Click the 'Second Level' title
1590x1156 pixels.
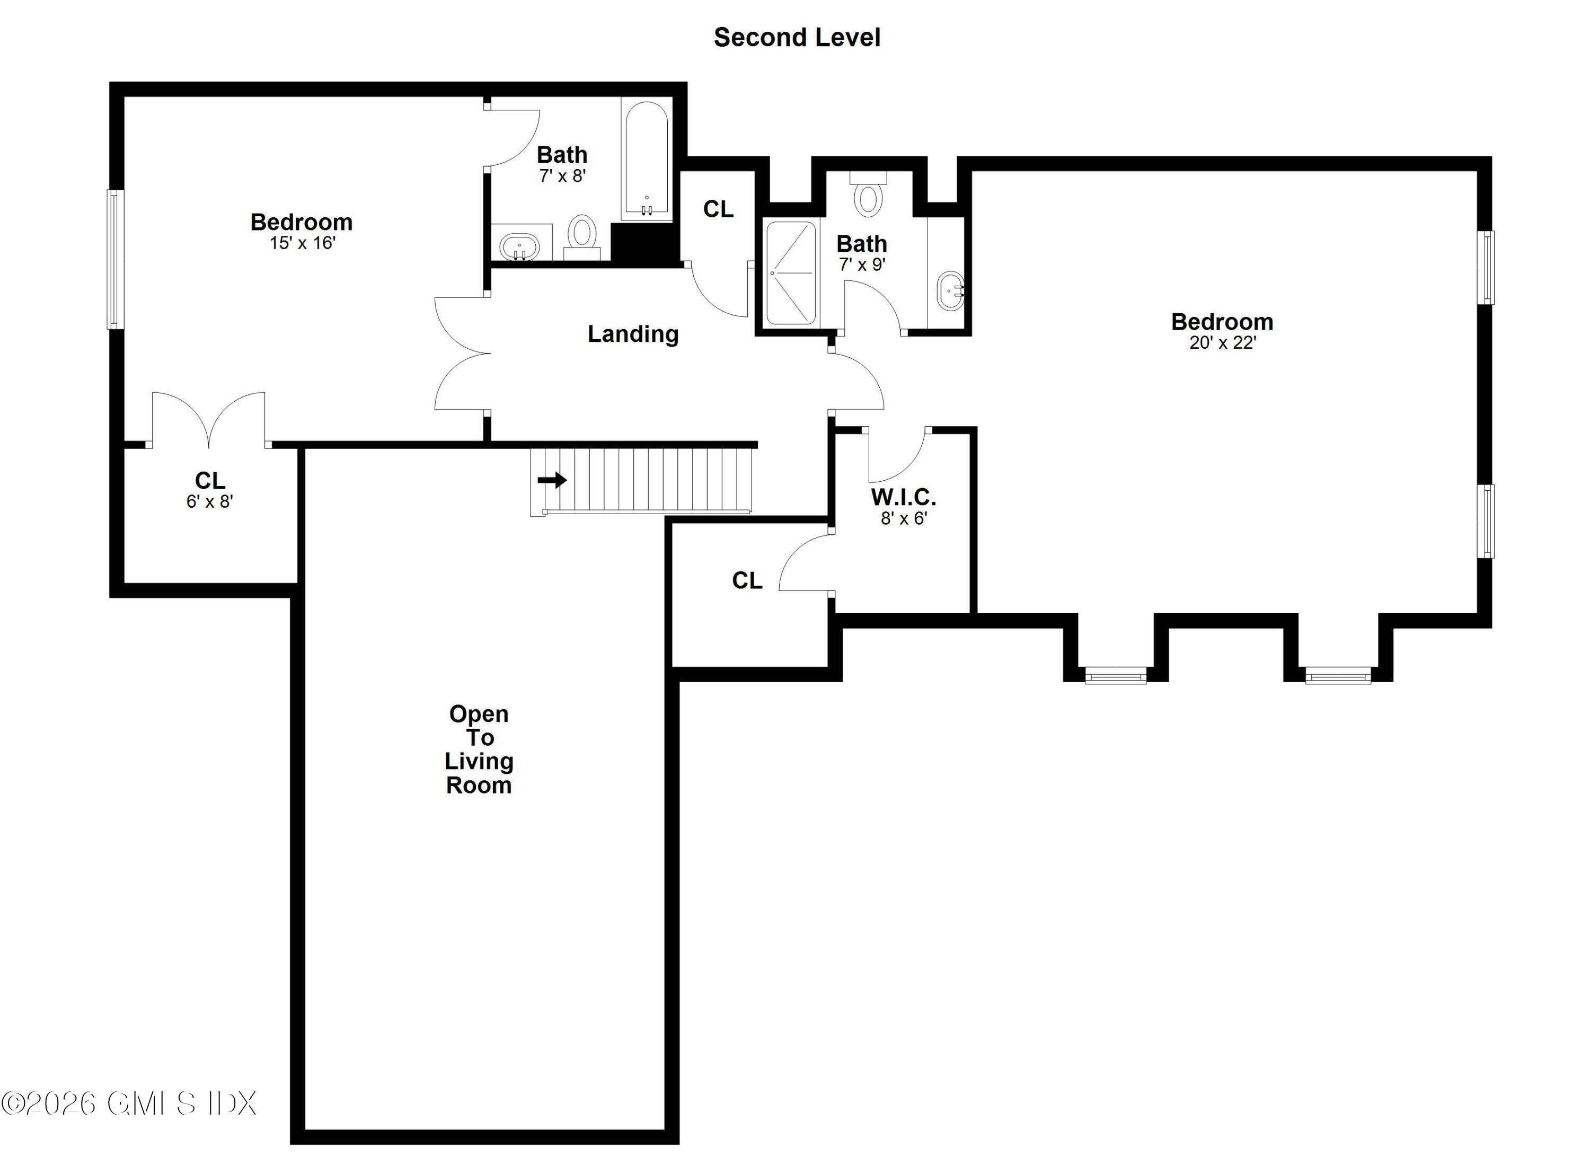[x=797, y=37]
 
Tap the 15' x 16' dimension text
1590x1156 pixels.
[x=302, y=243]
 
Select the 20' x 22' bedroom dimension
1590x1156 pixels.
[x=1222, y=343]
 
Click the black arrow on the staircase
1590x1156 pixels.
[x=552, y=480]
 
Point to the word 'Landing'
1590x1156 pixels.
[x=632, y=334]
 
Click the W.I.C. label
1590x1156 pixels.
[x=903, y=497]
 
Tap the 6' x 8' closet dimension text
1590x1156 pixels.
[x=210, y=501]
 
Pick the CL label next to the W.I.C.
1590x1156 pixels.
[x=747, y=580]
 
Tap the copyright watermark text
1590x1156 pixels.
[x=128, y=1102]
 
